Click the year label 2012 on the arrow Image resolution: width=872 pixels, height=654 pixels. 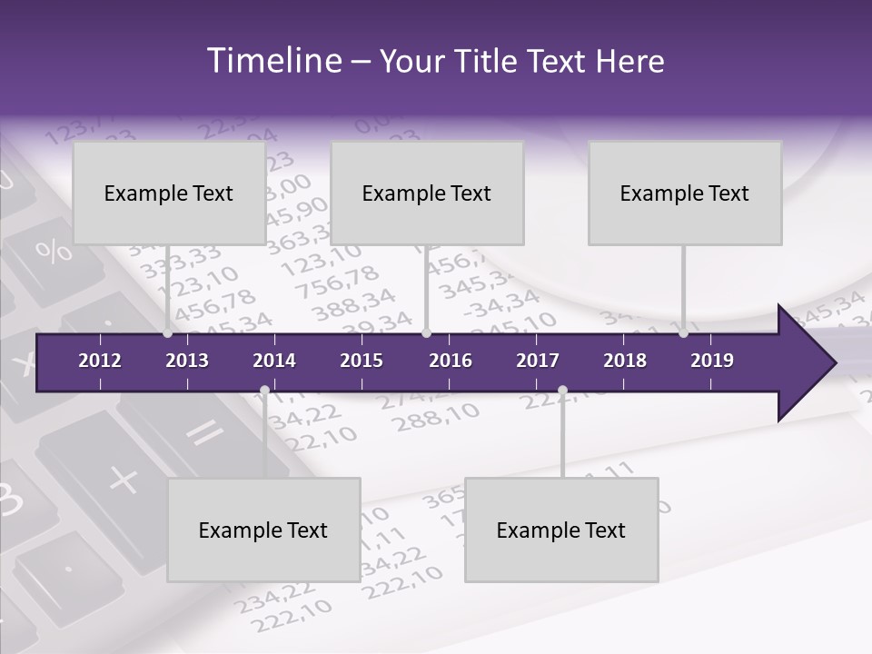click(x=100, y=361)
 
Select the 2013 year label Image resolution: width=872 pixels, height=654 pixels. click(x=187, y=361)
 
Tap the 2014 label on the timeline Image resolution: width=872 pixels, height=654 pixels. click(x=274, y=361)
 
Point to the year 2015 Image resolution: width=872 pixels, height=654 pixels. click(x=362, y=361)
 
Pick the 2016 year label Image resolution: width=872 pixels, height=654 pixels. click(x=451, y=361)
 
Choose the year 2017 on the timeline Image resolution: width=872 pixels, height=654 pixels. click(x=538, y=361)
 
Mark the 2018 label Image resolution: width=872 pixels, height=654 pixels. click(x=625, y=361)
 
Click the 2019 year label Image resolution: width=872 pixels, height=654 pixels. click(x=712, y=361)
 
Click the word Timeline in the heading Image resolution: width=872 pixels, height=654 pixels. click(x=272, y=61)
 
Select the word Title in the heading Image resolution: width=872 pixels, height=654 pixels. click(x=488, y=62)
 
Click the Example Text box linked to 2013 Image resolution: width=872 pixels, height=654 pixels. click(x=169, y=193)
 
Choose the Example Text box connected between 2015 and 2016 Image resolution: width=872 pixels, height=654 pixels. click(x=427, y=193)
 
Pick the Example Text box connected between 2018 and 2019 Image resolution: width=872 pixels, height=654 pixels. click(x=685, y=193)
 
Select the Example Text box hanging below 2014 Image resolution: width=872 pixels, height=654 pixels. click(x=263, y=530)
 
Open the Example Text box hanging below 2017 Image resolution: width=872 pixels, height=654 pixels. click(x=561, y=530)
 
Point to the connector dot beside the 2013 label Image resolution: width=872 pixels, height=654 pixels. click(x=167, y=333)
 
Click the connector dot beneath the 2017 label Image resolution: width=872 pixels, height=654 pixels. click(x=562, y=391)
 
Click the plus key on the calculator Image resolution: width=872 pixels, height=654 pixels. click(x=123, y=478)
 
